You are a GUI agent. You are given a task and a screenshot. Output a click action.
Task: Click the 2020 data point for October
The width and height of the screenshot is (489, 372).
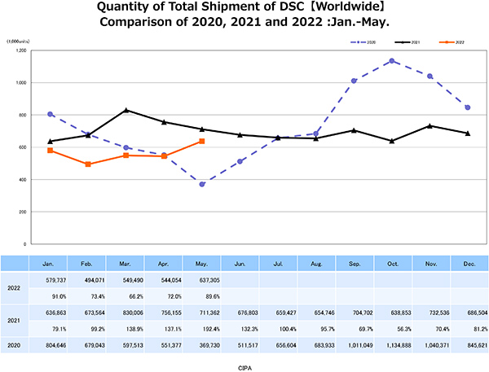(392, 61)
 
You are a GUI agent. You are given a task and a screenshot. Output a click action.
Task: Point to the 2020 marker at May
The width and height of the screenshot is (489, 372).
(202, 184)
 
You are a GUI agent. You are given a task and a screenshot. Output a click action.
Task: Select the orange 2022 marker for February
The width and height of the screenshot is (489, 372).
(88, 164)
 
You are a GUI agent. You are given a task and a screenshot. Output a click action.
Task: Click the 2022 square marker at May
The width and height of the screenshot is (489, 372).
(202, 141)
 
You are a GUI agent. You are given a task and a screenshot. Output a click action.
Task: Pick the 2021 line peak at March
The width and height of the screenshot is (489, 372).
(126, 110)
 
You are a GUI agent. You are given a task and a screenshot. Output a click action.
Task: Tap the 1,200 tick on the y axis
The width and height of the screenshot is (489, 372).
(20, 50)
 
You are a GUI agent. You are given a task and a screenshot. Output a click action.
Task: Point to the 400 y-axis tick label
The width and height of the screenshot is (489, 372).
(22, 179)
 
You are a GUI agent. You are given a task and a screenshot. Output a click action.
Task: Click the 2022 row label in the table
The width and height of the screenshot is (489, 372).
(14, 286)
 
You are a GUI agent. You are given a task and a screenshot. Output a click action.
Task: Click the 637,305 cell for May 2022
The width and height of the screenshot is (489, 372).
(202, 278)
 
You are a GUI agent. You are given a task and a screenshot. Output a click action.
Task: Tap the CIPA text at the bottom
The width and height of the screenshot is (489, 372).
(244, 365)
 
